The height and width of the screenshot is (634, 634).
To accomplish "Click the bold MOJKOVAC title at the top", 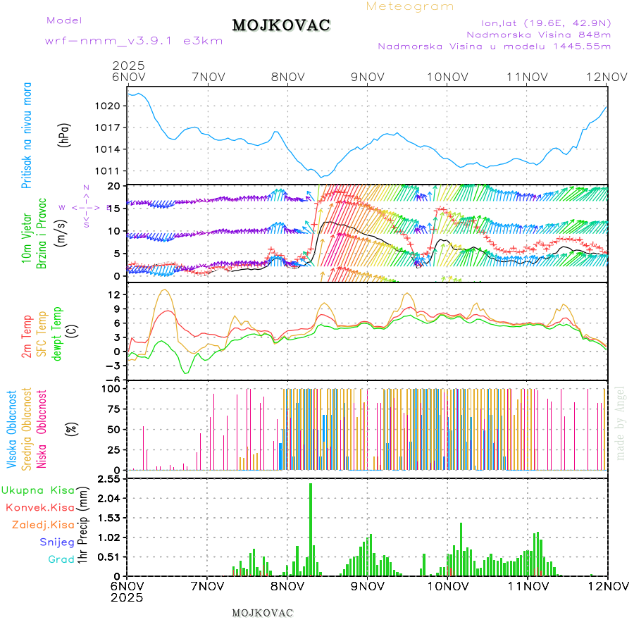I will tap(281, 25).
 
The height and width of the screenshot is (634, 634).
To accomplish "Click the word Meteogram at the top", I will tap(410, 6).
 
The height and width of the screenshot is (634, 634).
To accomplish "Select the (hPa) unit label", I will tap(65, 134).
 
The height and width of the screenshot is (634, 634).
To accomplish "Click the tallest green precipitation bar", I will tap(311, 528).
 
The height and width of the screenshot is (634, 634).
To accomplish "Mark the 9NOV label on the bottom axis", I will tap(367, 586).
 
